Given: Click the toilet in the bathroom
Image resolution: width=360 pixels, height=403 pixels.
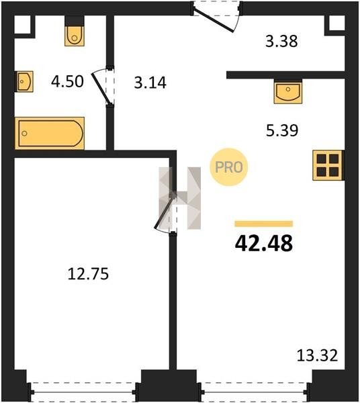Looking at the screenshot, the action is click(x=75, y=36).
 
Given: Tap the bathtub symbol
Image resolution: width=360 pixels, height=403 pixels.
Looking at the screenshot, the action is click(x=50, y=133).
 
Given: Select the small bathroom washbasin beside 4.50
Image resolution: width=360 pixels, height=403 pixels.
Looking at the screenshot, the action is click(x=25, y=81).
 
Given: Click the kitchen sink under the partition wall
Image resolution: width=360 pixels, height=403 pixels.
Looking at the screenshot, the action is click(x=287, y=92).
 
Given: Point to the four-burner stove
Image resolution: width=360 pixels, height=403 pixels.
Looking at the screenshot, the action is click(x=328, y=165).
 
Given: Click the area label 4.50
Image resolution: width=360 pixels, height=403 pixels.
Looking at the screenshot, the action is click(x=67, y=81).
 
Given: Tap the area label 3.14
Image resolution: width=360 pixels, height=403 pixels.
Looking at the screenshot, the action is click(x=150, y=83).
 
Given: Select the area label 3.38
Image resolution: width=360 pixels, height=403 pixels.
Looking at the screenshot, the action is click(x=281, y=41).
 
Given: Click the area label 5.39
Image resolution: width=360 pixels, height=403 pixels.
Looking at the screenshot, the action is click(x=282, y=130).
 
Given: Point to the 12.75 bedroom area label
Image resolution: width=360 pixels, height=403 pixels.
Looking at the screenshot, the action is click(x=88, y=274).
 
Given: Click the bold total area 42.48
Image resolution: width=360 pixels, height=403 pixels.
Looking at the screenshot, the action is click(x=264, y=243).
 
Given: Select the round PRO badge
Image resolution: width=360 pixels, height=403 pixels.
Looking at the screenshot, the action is click(x=228, y=167).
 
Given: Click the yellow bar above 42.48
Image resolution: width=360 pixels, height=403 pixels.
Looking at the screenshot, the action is click(x=264, y=224).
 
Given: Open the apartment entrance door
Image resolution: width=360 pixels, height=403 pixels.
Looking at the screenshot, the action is click(x=216, y=16).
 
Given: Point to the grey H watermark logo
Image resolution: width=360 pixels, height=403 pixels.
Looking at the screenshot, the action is click(x=180, y=198).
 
